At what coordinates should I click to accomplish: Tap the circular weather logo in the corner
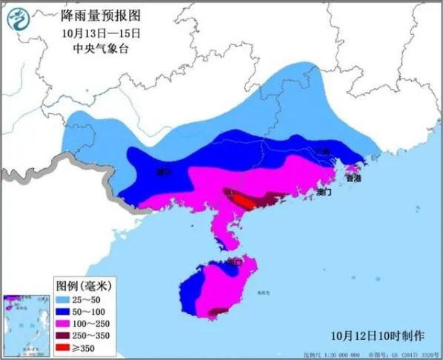click(23, 24)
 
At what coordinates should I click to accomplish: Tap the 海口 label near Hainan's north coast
click(235, 261)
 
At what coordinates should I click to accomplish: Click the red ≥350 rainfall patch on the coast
click(242, 201)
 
